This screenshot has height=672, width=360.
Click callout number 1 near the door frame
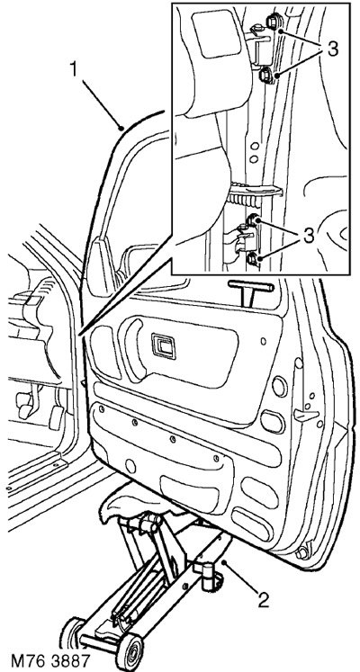[x=74, y=71]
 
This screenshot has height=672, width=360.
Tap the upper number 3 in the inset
[x=332, y=50]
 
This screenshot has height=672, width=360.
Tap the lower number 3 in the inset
[x=309, y=237]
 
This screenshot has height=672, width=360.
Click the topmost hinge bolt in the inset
[x=273, y=21]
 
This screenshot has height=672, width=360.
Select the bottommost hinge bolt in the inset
[x=253, y=259]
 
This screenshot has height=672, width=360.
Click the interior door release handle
[x=163, y=345]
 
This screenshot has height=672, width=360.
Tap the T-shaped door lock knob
[x=250, y=291]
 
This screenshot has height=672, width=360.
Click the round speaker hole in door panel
[x=279, y=387]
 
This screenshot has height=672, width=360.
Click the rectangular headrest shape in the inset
[x=216, y=33]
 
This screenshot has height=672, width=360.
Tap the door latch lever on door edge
[x=306, y=416]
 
